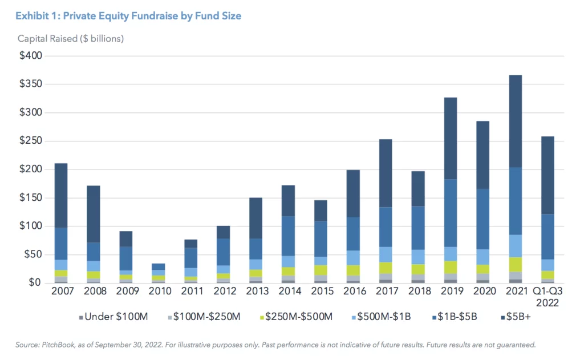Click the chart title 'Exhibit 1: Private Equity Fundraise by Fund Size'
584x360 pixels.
pos(128,16)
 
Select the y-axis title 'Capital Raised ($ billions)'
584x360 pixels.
pos(71,39)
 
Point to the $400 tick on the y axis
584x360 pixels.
pos(33,56)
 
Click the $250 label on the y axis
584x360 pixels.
pos(33,141)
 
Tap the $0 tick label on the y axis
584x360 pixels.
pos(37,283)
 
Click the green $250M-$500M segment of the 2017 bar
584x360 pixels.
pos(386,268)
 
